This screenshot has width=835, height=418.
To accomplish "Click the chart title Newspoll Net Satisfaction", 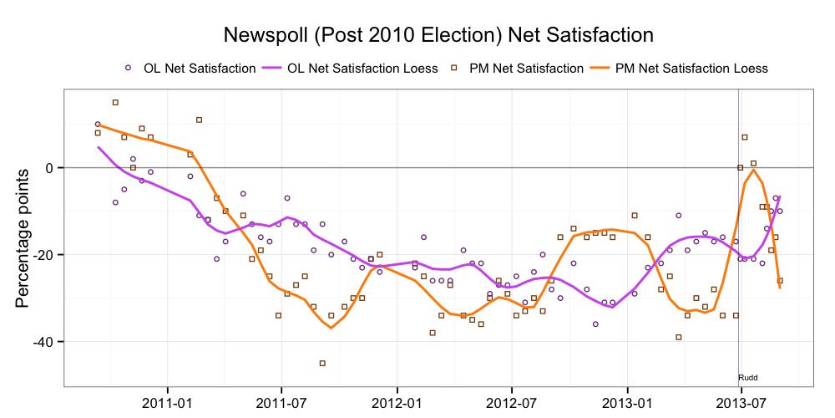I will pyautogui.click(x=438, y=35).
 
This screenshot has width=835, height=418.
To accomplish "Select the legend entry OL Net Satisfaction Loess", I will pyautogui.click(x=362, y=68).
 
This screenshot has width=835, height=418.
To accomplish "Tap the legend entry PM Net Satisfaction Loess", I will pyautogui.click(x=691, y=68).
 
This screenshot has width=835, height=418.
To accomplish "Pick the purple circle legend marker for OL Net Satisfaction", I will pyautogui.click(x=128, y=68).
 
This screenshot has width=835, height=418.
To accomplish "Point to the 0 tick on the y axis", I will pyautogui.click(x=49, y=168).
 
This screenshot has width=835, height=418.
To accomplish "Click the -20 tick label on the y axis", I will pyautogui.click(x=43, y=255).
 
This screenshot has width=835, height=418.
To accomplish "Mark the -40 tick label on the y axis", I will pyautogui.click(x=43, y=342).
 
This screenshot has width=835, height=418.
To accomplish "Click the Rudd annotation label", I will pyautogui.click(x=748, y=378).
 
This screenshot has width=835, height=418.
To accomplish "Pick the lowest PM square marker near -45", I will pyautogui.click(x=322, y=363).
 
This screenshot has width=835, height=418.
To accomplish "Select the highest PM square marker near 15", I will pyautogui.click(x=115, y=102).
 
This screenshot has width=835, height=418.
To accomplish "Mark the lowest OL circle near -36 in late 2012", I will pyautogui.click(x=595, y=324).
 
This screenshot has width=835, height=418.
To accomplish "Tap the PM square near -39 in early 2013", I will pyautogui.click(x=679, y=337).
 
